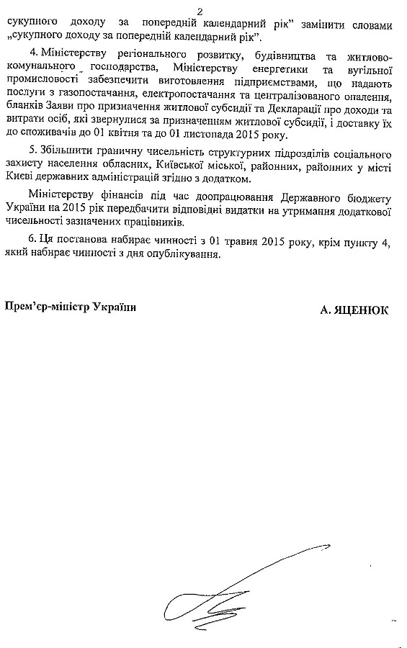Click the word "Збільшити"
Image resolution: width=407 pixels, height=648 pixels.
click(67, 154)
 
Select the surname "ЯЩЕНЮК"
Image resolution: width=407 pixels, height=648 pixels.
click(362, 310)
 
